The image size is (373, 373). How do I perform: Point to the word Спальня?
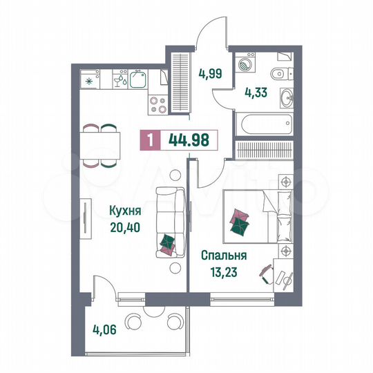pyautogui.click(x=223, y=254)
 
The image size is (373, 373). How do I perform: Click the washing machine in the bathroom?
pyautogui.click(x=245, y=64)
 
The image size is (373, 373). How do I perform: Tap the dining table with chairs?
pyautogui.click(x=99, y=146)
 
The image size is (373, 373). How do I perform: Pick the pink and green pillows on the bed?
pyautogui.click(x=238, y=222)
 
